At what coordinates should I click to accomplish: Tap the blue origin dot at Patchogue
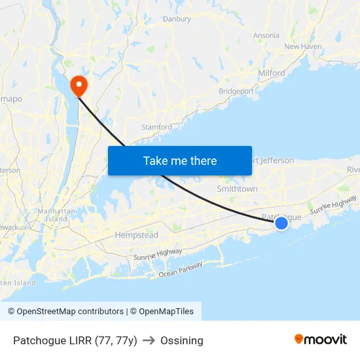281,223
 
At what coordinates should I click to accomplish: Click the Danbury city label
177,19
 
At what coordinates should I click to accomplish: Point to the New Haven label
303,46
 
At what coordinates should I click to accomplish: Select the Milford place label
272,73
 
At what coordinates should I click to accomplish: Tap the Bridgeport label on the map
236,91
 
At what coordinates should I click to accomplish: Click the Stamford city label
157,127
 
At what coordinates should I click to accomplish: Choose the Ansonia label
265,35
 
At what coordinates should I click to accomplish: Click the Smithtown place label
237,189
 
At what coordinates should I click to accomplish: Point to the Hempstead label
136,235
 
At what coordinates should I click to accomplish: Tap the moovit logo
321,340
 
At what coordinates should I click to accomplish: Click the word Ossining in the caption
182,340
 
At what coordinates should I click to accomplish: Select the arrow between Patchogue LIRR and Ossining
149,340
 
